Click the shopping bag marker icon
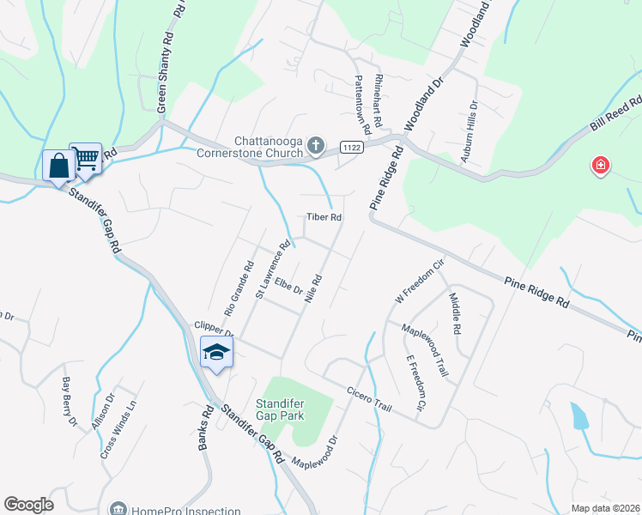(x=58, y=164)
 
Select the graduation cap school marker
(x=216, y=351)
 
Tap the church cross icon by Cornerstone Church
(x=316, y=143)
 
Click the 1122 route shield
(x=351, y=148)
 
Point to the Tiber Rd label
(x=325, y=218)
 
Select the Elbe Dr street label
(x=289, y=284)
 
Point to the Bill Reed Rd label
(x=615, y=114)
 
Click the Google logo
(x=28, y=505)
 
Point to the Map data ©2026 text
(x=604, y=508)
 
